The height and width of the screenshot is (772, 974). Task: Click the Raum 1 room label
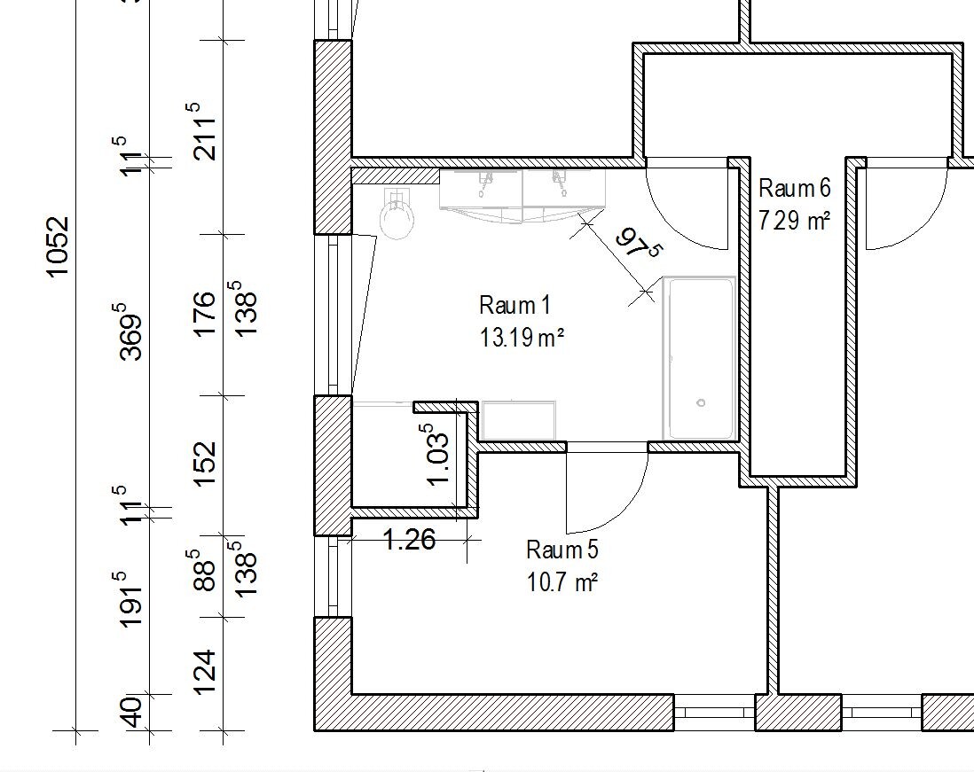pyautogui.click(x=515, y=305)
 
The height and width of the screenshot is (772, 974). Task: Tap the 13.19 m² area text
pyautogui.click(x=522, y=339)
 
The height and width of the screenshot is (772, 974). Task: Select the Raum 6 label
pyautogui.click(x=795, y=188)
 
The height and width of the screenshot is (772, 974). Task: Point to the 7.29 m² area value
pyautogui.click(x=795, y=221)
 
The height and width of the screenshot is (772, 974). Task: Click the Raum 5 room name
pyautogui.click(x=562, y=550)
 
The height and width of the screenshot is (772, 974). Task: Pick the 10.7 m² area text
pyautogui.click(x=562, y=582)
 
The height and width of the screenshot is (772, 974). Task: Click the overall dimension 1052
pyautogui.click(x=58, y=247)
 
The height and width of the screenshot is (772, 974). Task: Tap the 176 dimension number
pyautogui.click(x=205, y=314)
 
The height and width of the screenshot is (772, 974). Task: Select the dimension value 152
pyautogui.click(x=205, y=464)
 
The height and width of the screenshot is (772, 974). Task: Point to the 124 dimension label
pyautogui.click(x=205, y=672)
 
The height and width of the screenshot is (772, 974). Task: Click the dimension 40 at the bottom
pyautogui.click(x=131, y=712)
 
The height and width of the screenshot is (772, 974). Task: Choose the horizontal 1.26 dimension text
pyautogui.click(x=410, y=539)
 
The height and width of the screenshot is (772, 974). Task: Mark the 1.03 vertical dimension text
pyautogui.click(x=436, y=455)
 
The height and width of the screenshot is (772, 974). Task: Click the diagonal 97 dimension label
pyautogui.click(x=638, y=244)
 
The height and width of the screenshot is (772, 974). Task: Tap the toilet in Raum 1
pyautogui.click(x=397, y=214)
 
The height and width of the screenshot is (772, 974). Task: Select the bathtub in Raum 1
pyautogui.click(x=700, y=358)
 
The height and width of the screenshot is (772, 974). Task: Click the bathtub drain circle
pyautogui.click(x=702, y=402)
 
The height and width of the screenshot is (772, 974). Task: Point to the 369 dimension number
pyautogui.click(x=131, y=331)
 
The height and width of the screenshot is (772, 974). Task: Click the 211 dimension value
pyautogui.click(x=204, y=131)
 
